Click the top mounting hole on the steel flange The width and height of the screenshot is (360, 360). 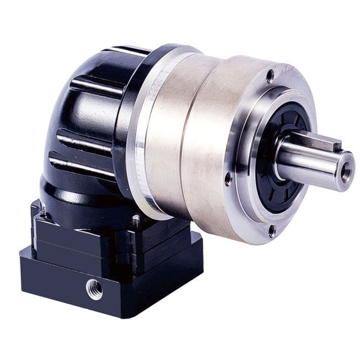[269, 76]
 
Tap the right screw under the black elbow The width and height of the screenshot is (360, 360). [135, 221]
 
